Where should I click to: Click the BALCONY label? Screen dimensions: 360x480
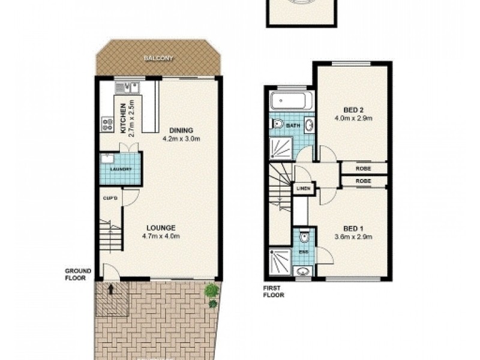[158, 58]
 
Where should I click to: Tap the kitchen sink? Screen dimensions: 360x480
[130, 88]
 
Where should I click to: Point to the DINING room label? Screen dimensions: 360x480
[181, 130]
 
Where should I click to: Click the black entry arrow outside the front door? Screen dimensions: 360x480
[110, 289]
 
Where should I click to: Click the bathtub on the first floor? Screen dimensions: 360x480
[291, 101]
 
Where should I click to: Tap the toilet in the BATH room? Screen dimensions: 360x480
[278, 125]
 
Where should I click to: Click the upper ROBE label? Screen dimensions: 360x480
[362, 169]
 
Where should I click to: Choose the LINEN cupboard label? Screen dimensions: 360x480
[301, 190]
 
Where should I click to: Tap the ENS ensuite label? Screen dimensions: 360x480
[304, 251]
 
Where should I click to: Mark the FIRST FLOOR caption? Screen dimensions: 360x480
[274, 292]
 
